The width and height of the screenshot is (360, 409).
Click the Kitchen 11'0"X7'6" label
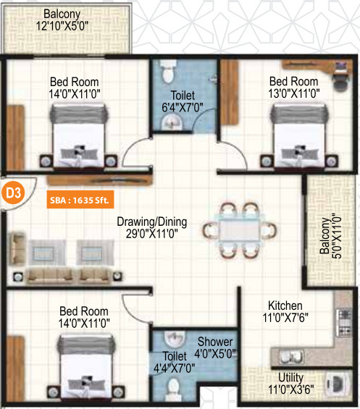pyautogui.click(x=285, y=311)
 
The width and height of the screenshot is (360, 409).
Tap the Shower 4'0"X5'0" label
pyautogui.click(x=215, y=347)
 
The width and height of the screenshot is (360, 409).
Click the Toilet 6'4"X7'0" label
pyautogui.click(x=183, y=101)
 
